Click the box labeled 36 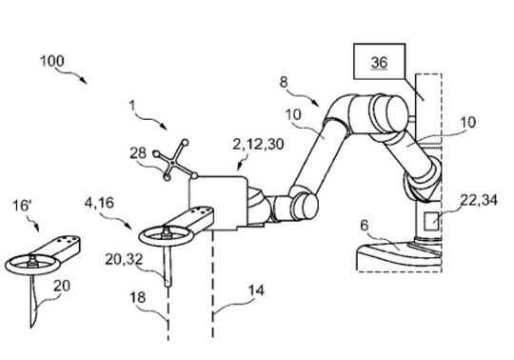[x=379, y=61]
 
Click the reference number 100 [x=52, y=61]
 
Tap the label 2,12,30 [x=258, y=144]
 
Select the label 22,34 [x=479, y=200]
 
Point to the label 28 [x=138, y=153]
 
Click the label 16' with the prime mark [x=22, y=206]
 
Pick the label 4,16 [x=99, y=203]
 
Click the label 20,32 [x=124, y=260]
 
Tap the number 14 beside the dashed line [x=256, y=290]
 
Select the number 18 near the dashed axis [x=138, y=298]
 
